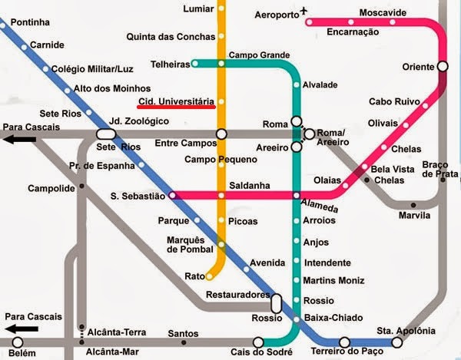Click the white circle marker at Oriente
443,67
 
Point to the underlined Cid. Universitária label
175,102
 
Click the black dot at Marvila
413,205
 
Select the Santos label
183,333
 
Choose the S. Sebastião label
138,196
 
